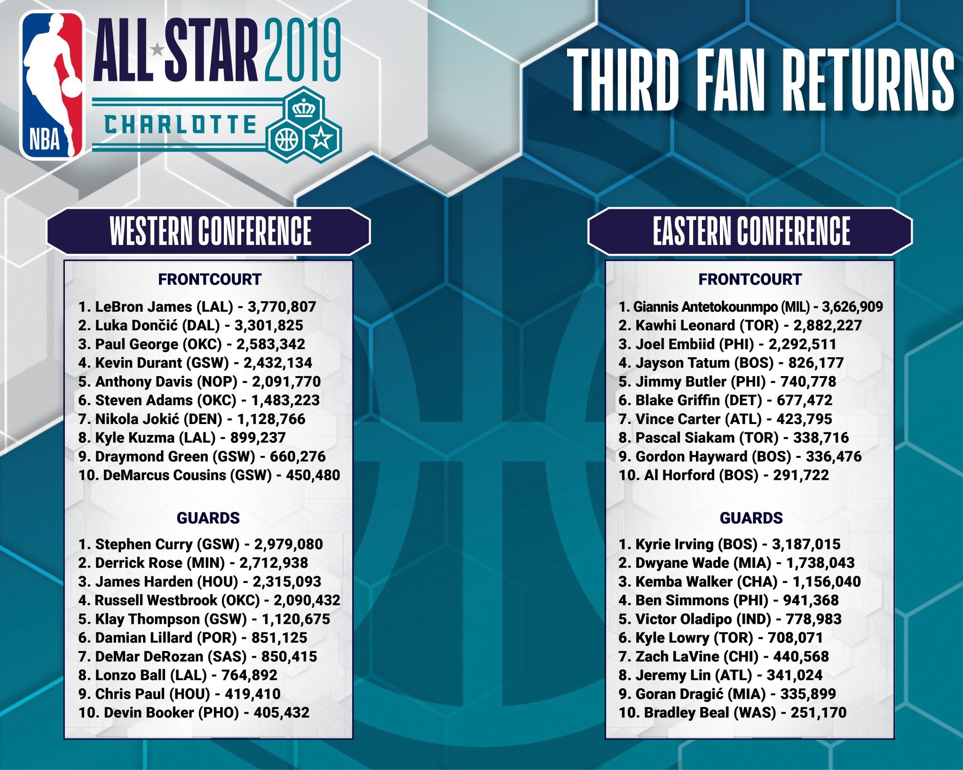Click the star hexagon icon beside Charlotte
tap(322, 140)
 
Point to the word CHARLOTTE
tap(181, 125)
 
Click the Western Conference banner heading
tap(210, 231)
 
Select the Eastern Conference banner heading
tap(750, 231)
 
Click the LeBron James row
tap(197, 307)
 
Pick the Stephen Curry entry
tap(201, 544)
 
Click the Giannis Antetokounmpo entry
tap(750, 307)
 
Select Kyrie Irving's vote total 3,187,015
tap(806, 544)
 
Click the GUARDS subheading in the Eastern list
tap(751, 518)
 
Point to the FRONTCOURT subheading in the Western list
tap(210, 279)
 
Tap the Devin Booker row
tap(194, 713)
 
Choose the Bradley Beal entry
tap(733, 713)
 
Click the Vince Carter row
tap(726, 419)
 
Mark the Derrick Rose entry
tap(193, 563)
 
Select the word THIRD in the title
tap(623, 80)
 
